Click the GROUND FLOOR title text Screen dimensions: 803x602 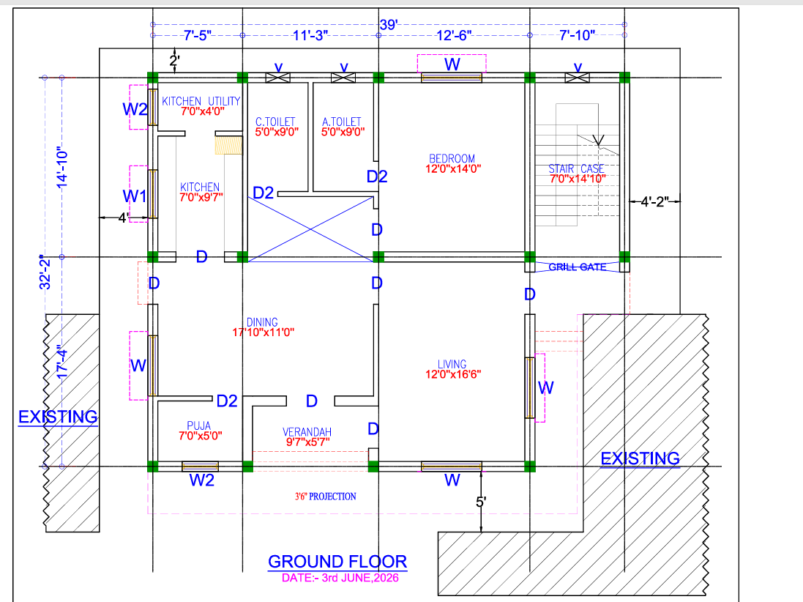pyautogui.click(x=337, y=562)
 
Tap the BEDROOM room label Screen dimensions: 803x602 pyautogui.click(x=452, y=159)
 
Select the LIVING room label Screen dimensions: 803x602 pyautogui.click(x=452, y=364)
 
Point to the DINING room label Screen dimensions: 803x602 pyautogui.click(x=262, y=322)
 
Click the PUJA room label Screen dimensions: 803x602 pyautogui.click(x=198, y=426)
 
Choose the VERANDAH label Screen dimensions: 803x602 pyautogui.click(x=307, y=432)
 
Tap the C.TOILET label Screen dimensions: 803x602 pyautogui.click(x=275, y=122)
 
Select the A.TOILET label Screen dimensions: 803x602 pyautogui.click(x=342, y=122)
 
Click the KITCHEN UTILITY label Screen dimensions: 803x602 pyautogui.click(x=201, y=101)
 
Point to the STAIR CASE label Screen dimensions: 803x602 pyautogui.click(x=577, y=168)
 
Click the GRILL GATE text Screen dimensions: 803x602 pyautogui.click(x=577, y=267)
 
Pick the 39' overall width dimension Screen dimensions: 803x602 pyautogui.click(x=389, y=24)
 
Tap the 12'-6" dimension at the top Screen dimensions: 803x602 pyautogui.click(x=454, y=35)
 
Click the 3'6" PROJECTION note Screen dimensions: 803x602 pyautogui.click(x=325, y=497)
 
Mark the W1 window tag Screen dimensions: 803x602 pyautogui.click(x=134, y=196)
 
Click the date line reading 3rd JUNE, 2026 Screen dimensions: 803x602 pyautogui.click(x=340, y=578)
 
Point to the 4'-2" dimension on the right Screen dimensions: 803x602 pyautogui.click(x=654, y=202)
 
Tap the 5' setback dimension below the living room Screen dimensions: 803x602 pyautogui.click(x=480, y=502)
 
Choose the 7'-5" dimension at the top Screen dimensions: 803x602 pyautogui.click(x=198, y=35)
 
